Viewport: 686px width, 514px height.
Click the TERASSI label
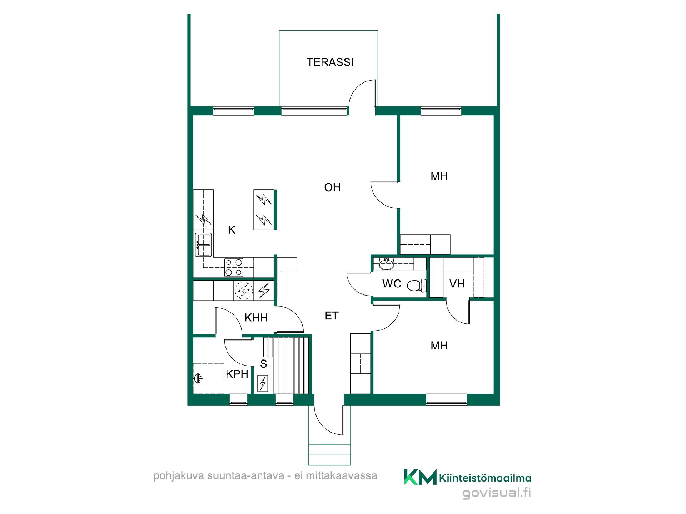(330, 62)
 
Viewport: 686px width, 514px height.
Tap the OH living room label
(332, 187)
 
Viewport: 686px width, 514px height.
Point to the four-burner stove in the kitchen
(234, 267)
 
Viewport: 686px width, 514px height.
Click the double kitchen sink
(203, 245)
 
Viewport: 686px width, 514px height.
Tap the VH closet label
(457, 284)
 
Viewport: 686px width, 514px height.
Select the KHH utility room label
(256, 318)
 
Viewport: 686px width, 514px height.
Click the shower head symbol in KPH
(197, 378)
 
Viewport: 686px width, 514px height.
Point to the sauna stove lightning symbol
(263, 383)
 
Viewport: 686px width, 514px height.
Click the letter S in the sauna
(264, 364)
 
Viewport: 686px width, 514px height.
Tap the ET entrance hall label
(332, 316)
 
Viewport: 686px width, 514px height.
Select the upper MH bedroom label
(439, 176)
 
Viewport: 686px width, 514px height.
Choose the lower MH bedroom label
(439, 346)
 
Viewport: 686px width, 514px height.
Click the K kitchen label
(232, 230)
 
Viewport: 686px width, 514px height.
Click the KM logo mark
(420, 477)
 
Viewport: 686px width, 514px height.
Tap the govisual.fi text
(497, 493)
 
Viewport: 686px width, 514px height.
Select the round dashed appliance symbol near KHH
(244, 291)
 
